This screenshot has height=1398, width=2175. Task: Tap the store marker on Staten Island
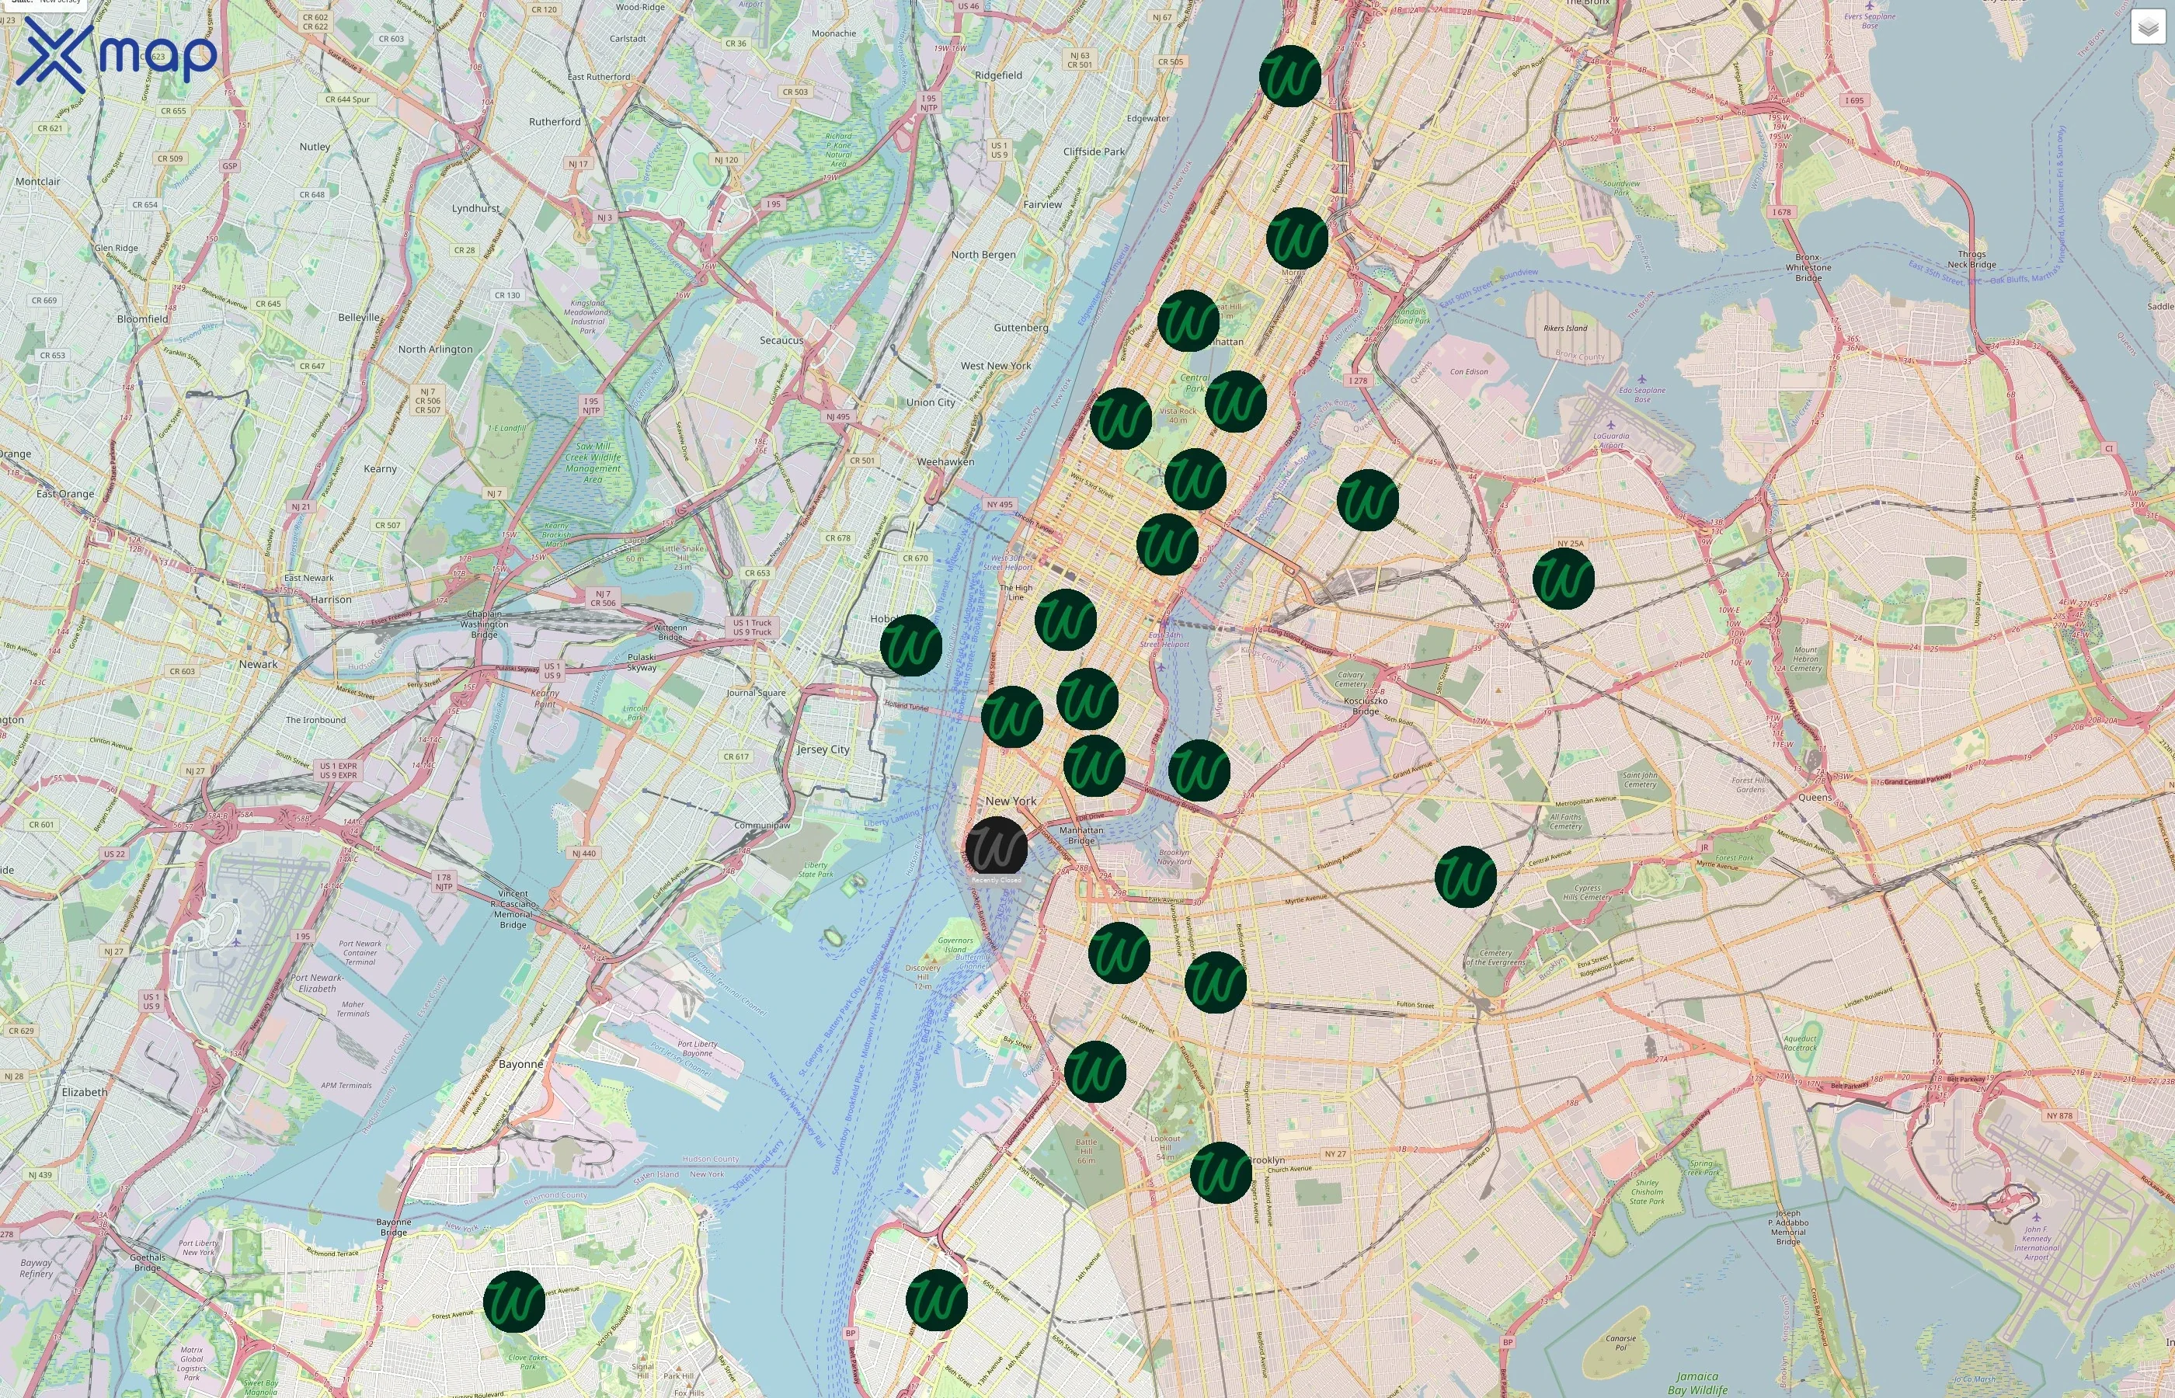(513, 1302)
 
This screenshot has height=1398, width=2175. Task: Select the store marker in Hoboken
(910, 645)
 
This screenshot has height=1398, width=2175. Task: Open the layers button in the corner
(2147, 27)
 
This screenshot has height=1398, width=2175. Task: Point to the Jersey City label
(823, 749)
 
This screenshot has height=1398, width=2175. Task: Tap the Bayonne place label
(520, 1064)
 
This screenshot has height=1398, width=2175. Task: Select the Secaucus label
(781, 340)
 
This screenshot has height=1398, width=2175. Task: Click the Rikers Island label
(1565, 329)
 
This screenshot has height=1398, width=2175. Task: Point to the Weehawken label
(945, 462)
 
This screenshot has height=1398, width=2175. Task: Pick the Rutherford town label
(555, 122)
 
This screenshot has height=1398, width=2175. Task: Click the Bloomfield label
(142, 318)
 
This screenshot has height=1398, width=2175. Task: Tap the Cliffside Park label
(1094, 151)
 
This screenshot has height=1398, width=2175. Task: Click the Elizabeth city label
(85, 1092)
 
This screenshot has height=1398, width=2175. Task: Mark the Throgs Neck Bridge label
(1971, 259)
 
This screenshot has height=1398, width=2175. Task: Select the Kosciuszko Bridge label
(1366, 705)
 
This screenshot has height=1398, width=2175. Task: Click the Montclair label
(37, 182)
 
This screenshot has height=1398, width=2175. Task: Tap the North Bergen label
(983, 255)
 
